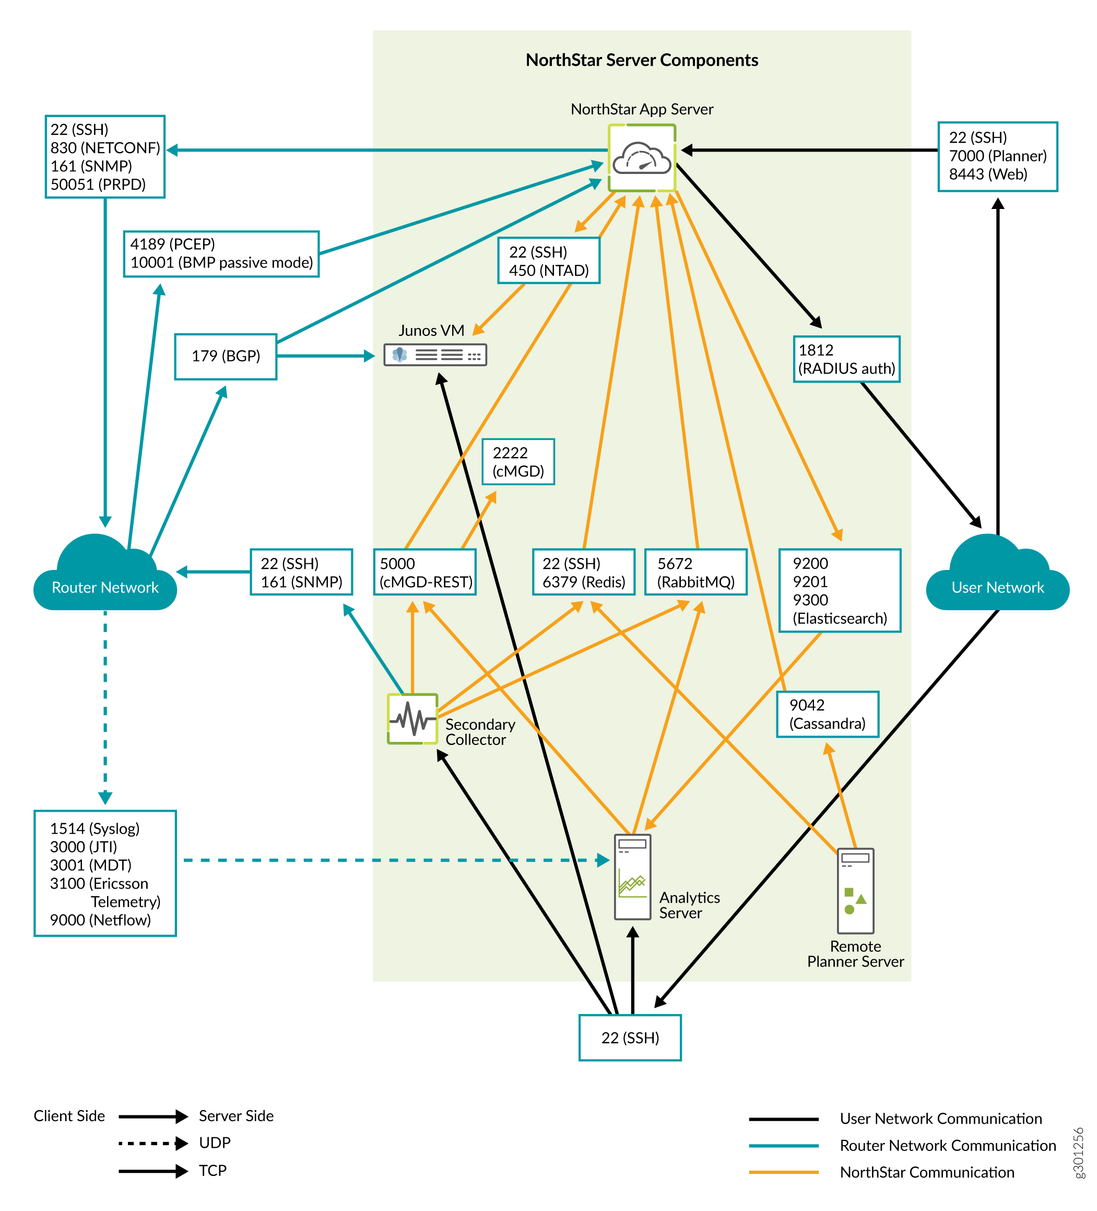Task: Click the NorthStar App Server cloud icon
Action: click(x=641, y=157)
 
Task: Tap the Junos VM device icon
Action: click(x=435, y=355)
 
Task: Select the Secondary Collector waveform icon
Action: click(x=412, y=718)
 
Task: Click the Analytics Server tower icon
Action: click(x=632, y=877)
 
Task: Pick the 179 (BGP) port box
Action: click(x=225, y=356)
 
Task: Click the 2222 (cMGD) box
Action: click(x=517, y=461)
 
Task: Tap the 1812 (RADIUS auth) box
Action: click(x=846, y=359)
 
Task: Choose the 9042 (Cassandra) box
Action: click(x=827, y=714)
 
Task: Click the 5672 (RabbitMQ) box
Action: click(x=695, y=572)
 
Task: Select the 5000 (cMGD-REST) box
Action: click(x=424, y=572)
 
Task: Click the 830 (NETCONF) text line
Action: click(x=105, y=148)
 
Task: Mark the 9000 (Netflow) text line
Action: click(x=100, y=919)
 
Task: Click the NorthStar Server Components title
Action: click(x=641, y=60)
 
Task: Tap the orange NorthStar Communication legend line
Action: click(x=783, y=1172)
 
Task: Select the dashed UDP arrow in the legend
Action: click(x=152, y=1143)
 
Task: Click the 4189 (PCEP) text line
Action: click(x=172, y=244)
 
